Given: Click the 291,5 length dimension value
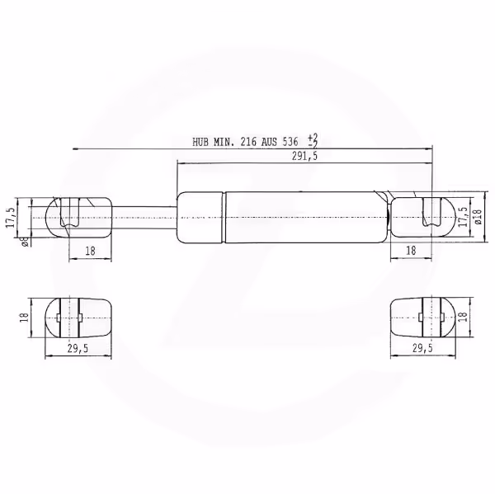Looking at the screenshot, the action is (304, 156).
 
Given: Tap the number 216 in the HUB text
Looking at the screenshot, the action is (248, 142).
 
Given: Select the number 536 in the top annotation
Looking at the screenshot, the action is (290, 142).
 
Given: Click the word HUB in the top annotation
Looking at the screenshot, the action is (200, 142).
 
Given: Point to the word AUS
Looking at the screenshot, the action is (269, 142).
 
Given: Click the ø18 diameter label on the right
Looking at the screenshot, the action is (478, 217).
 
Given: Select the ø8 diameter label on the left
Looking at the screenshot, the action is (26, 242).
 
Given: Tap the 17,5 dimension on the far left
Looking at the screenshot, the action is (11, 218).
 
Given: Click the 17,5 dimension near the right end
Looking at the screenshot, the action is (463, 217).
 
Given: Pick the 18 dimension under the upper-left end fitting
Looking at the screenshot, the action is (90, 252).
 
